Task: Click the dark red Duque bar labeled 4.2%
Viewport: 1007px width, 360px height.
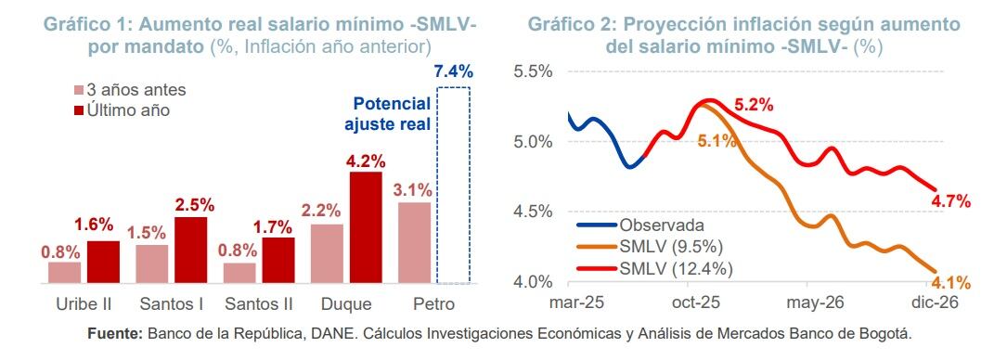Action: point(366,227)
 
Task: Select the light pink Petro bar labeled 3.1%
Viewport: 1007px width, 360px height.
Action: point(414,242)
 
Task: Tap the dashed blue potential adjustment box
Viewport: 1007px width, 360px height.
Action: point(454,186)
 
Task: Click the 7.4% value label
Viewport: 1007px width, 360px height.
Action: point(453,71)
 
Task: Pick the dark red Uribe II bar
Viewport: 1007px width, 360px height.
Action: point(103,262)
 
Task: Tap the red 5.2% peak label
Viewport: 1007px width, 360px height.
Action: point(754,106)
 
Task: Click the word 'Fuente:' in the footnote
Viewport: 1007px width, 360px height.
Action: point(114,333)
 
